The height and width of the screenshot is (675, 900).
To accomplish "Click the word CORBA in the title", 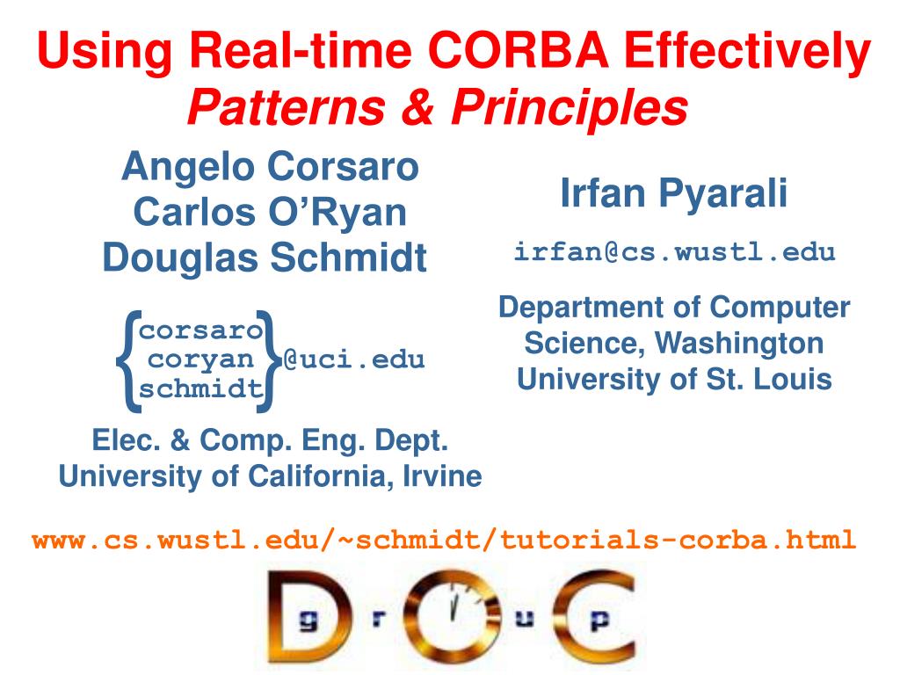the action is coord(519,50).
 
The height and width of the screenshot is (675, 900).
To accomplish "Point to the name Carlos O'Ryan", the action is coord(270,212).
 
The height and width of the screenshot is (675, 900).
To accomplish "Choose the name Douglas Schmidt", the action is coord(265,258).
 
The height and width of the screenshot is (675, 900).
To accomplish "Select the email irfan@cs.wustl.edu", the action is coord(674,252).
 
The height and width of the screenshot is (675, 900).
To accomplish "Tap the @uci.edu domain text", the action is coord(353,359).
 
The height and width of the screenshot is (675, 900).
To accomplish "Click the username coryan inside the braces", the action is coord(200,359).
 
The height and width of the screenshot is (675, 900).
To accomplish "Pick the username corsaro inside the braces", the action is coord(200,330).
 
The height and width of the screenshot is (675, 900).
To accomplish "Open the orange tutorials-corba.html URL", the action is coord(444,541).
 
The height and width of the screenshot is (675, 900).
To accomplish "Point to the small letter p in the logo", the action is coord(599,621).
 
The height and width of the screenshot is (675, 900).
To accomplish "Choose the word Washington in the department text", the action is coord(739,345).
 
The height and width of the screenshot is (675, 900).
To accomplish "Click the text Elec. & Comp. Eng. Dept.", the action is coord(270,441).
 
